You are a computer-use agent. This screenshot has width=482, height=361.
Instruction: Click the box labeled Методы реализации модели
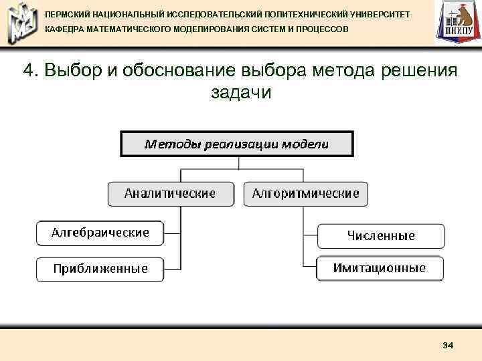(237, 144)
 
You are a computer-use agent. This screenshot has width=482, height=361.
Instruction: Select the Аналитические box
(171, 194)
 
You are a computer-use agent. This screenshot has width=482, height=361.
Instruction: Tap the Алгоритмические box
(305, 194)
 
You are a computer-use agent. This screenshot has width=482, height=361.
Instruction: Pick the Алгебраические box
(100, 233)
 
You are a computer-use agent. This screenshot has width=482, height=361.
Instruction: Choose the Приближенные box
(100, 269)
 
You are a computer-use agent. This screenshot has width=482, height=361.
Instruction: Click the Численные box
(380, 236)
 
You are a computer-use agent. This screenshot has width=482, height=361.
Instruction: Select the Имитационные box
(380, 268)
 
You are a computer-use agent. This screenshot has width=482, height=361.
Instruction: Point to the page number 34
(448, 345)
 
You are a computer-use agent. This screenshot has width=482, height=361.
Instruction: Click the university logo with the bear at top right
(457, 23)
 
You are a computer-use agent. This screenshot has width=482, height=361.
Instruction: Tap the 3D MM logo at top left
(20, 23)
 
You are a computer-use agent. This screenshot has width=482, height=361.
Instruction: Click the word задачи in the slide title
(241, 92)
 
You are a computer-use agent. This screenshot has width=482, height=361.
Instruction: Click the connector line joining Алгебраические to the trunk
(172, 233)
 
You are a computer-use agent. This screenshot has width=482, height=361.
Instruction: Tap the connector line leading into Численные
(310, 236)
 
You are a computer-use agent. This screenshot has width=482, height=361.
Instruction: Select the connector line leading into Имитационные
(310, 268)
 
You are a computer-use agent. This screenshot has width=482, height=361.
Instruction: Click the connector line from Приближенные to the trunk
(172, 269)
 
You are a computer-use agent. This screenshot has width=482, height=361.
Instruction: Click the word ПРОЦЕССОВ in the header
(320, 30)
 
